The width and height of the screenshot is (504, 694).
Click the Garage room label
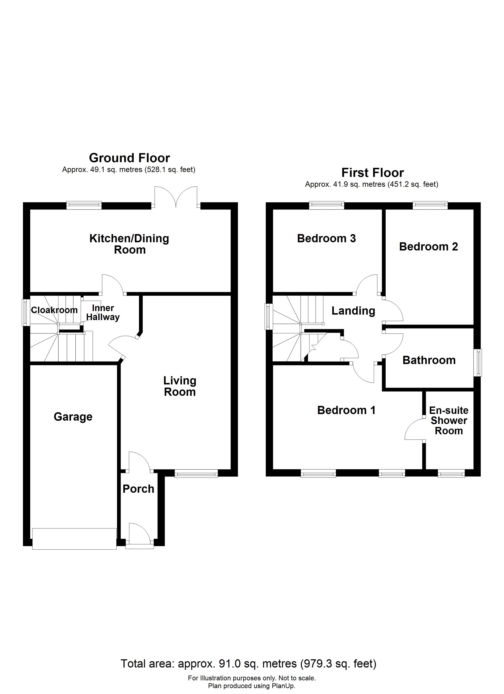tap(73, 417)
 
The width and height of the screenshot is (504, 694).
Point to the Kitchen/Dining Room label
tap(129, 244)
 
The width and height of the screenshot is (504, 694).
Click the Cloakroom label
tap(54, 310)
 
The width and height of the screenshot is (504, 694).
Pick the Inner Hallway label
tap(103, 313)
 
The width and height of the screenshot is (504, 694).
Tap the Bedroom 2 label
tap(429, 247)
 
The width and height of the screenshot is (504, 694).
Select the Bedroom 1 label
tap(346, 410)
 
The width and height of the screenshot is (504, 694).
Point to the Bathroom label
tap(429, 360)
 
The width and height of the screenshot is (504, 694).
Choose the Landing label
tap(353, 311)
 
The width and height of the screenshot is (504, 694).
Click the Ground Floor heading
tap(129, 158)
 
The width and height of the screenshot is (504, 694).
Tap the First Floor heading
tap(373, 173)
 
